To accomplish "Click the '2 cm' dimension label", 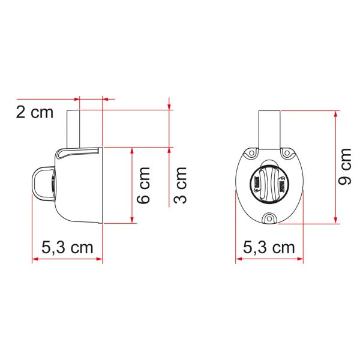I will click(34, 112).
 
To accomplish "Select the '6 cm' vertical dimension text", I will click(144, 185).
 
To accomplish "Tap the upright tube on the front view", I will click(269, 128).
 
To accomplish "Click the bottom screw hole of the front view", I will click(269, 218).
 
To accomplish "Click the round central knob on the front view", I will click(269, 182).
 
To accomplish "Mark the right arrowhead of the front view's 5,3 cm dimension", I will click(301, 259).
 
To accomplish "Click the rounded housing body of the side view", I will click(81, 186).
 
